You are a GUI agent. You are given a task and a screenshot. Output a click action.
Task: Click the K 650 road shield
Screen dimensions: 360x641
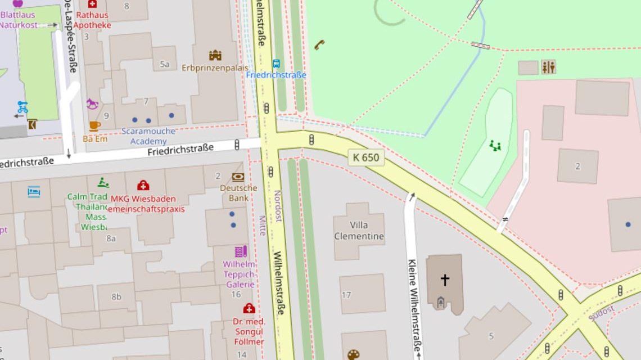pos(366,157)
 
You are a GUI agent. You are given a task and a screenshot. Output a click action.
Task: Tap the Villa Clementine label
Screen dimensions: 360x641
pos(359,231)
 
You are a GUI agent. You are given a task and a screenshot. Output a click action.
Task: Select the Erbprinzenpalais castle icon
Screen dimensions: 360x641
pos(215,55)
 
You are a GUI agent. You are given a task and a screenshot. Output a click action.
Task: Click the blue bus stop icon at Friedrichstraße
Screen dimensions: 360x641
pos(276,64)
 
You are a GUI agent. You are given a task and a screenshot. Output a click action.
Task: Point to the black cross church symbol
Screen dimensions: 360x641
pos(445,280)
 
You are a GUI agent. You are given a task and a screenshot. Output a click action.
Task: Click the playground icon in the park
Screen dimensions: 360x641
pos(495,146)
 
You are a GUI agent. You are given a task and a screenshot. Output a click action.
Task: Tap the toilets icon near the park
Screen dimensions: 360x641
pos(548,67)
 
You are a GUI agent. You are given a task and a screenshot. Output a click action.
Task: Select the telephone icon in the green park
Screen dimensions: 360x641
pos(319,44)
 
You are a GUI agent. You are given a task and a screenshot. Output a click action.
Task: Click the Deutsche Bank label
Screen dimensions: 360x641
pos(238,193)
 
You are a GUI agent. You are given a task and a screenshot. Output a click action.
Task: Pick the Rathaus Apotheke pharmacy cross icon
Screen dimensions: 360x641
pos(92,4)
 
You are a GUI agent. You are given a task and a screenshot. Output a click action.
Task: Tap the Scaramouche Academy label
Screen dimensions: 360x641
pos(148,136)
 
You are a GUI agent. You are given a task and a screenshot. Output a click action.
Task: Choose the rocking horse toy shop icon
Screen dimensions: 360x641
pos(92,104)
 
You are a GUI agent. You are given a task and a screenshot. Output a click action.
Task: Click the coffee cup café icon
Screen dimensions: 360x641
pos(94,125)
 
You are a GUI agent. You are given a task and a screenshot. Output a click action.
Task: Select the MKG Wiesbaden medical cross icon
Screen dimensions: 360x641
pos(143,185)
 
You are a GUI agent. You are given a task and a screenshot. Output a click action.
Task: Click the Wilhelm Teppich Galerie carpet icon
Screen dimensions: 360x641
pos(241,251)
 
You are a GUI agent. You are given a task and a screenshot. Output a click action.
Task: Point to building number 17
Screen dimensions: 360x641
pos(346,295)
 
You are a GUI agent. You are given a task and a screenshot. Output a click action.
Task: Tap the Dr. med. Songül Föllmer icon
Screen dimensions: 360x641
pos(249,308)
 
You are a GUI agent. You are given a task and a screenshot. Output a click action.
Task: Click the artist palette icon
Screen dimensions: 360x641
pos(353,355)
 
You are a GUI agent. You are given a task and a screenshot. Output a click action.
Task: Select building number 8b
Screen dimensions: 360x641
pos(116,296)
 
